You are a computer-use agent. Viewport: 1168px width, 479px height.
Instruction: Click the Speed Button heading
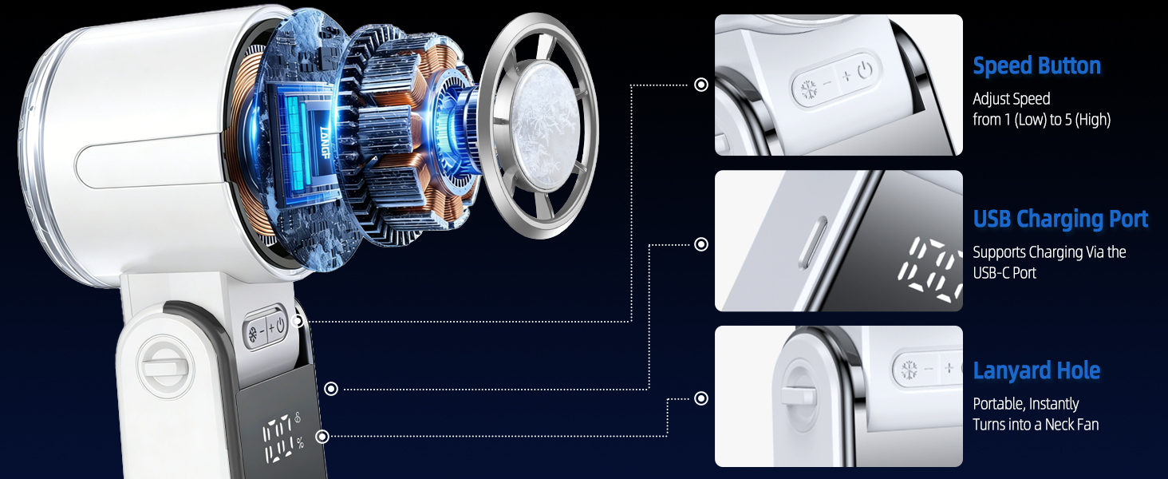pos(1036,65)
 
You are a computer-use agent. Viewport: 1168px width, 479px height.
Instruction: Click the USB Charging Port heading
pos(1060,220)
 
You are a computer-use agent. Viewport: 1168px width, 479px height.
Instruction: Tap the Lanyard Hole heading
pos(1036,370)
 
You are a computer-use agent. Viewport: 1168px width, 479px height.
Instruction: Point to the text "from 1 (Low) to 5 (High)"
pos(1041,120)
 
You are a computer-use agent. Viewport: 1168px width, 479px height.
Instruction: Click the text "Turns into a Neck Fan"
pos(1036,424)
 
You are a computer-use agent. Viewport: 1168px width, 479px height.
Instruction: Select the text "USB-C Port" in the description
pos(1004,272)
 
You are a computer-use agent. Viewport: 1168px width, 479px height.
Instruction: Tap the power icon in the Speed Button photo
pos(865,69)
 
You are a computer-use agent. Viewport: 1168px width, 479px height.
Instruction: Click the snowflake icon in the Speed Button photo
pos(809,89)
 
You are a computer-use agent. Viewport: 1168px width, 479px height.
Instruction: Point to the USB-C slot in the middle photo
pos(813,243)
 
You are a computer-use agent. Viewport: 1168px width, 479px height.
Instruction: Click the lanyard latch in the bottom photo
pos(799,395)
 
